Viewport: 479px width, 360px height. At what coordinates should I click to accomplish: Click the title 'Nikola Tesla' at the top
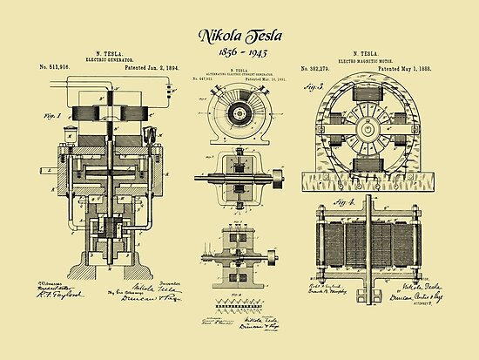tap(239, 37)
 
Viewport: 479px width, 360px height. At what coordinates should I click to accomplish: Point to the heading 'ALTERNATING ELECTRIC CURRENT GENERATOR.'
tap(238, 77)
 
